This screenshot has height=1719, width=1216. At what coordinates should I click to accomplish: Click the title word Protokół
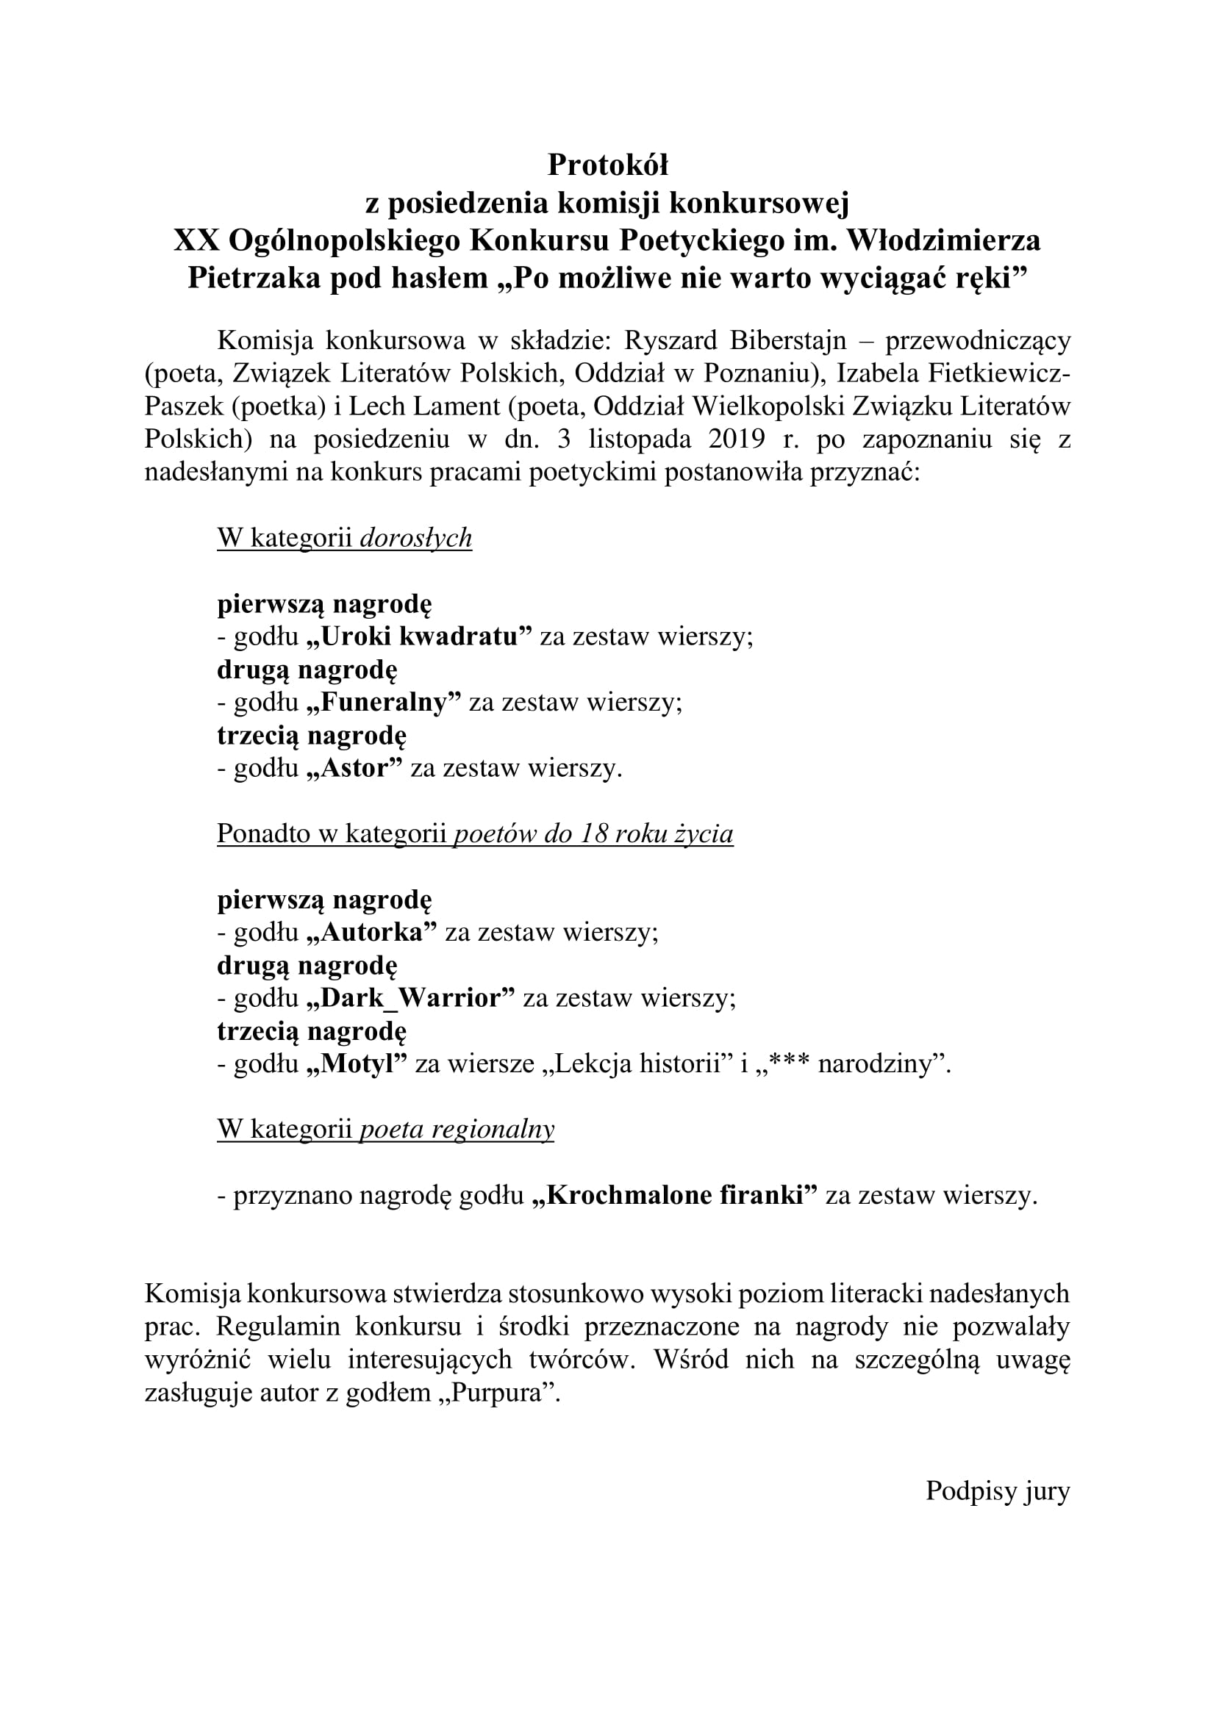point(607,165)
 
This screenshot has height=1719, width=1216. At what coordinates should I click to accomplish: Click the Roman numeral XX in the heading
point(196,241)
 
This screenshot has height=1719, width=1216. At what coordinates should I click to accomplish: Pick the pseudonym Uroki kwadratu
point(419,637)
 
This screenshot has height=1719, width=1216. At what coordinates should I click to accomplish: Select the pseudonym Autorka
point(371,933)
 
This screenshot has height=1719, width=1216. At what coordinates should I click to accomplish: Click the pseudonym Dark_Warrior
point(411,999)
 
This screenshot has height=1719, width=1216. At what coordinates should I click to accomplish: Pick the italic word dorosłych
point(415,538)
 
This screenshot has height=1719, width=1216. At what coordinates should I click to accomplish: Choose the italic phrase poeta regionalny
point(457,1130)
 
